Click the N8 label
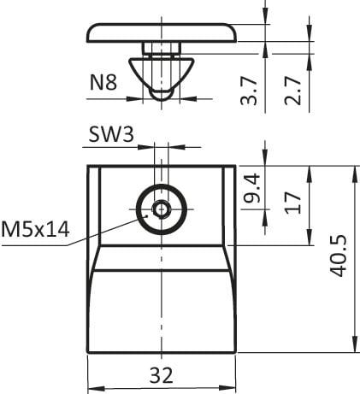103,83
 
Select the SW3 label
111,134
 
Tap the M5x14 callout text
35,229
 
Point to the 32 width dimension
162,375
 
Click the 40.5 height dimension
339,256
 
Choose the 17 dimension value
293,203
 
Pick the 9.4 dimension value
252,188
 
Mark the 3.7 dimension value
249,91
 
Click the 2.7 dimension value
292,91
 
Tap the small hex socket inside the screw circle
161,209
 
